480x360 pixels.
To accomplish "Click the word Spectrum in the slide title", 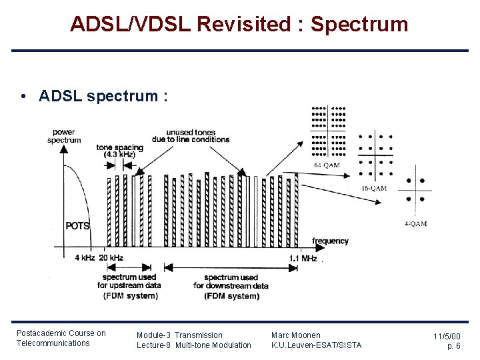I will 359,25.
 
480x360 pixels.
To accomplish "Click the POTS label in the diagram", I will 77,225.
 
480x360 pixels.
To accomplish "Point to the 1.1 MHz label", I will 303,258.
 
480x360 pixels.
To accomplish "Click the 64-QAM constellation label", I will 327,165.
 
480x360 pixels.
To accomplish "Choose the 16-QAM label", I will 373,189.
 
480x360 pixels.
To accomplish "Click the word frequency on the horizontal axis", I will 330,241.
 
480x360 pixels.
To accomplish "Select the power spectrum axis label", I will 64,136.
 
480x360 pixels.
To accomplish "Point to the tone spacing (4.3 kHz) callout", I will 120,151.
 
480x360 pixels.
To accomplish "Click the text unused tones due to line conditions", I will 197,136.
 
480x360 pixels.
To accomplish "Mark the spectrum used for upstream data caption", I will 131,286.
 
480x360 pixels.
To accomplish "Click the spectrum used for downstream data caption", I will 231,286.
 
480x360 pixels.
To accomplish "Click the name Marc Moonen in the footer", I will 295,335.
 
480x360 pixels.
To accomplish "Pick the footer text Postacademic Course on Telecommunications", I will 61,338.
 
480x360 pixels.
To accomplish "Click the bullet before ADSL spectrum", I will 23,96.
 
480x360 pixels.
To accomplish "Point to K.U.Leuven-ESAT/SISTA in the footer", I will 316,345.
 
